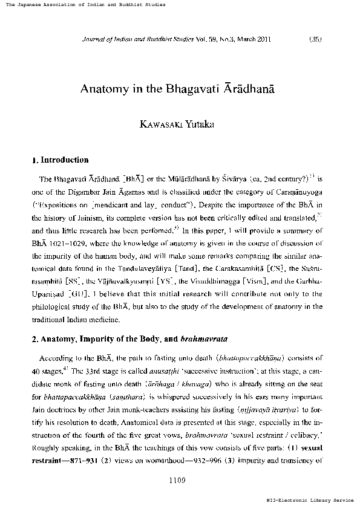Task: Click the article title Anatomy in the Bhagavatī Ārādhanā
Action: click(178, 88)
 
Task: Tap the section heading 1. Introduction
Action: click(59, 160)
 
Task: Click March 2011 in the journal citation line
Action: click(258, 39)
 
